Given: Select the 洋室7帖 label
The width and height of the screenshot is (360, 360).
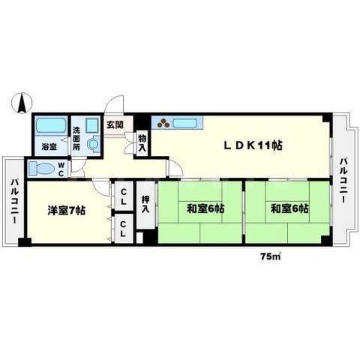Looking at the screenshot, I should coord(66,210).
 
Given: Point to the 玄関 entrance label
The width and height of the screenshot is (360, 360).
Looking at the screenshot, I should coord(114,126).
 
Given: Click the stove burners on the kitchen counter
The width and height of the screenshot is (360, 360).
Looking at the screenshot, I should coord(163,123).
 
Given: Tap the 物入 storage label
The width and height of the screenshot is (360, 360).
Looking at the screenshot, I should coord(142,142).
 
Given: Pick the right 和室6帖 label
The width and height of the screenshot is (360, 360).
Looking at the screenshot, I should coord(289,208).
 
